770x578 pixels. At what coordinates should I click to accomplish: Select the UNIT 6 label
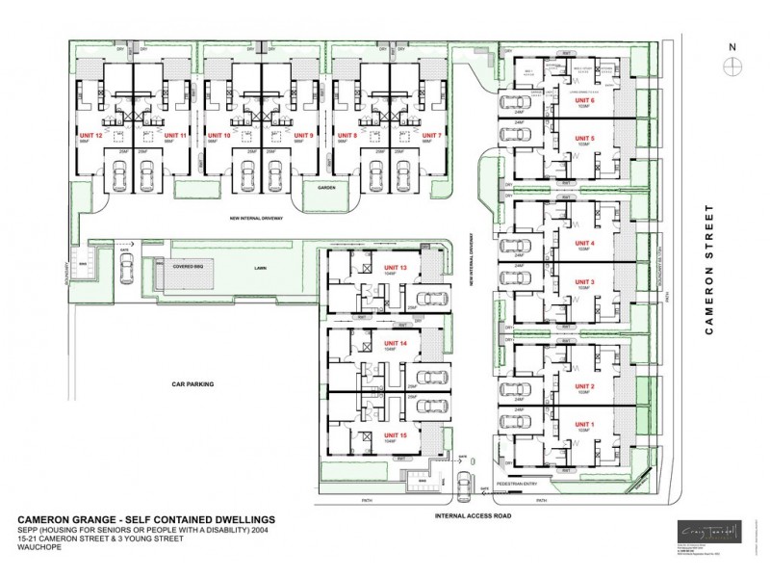pyautogui.click(x=584, y=99)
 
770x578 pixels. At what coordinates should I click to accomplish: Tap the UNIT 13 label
pyautogui.click(x=396, y=267)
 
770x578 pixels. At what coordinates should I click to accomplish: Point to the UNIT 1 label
pyautogui.click(x=585, y=425)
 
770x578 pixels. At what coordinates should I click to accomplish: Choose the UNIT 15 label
pyautogui.click(x=396, y=434)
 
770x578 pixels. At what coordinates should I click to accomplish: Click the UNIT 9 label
pyautogui.click(x=303, y=136)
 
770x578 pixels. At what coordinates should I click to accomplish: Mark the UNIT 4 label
pyautogui.click(x=585, y=243)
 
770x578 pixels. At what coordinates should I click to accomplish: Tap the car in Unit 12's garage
pyautogui.click(x=118, y=175)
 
